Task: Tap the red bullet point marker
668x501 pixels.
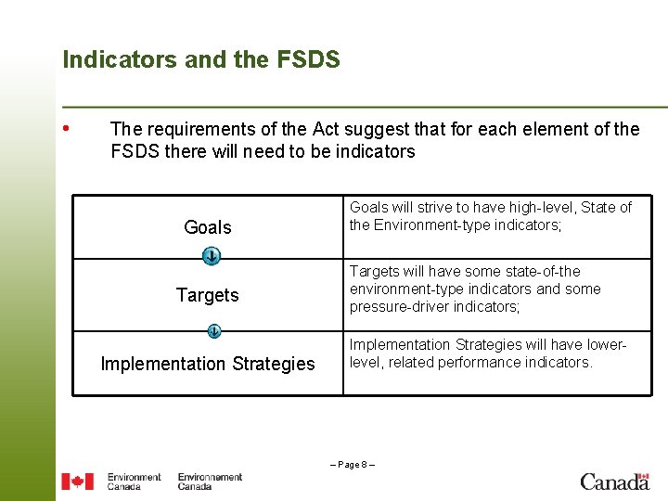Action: (x=66, y=127)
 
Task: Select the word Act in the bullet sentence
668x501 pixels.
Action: (x=328, y=129)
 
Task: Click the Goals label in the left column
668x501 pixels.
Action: (x=208, y=227)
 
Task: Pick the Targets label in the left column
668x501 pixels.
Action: (x=208, y=295)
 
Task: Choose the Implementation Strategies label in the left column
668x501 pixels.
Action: (x=208, y=364)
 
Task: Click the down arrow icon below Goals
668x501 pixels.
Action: (x=212, y=255)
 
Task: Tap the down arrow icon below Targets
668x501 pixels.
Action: (x=213, y=330)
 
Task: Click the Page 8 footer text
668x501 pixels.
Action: (x=353, y=463)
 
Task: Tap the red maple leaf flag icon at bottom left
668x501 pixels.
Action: (x=77, y=482)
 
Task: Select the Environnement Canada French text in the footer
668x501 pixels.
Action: (x=210, y=482)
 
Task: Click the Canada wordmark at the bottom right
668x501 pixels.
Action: (x=614, y=482)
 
